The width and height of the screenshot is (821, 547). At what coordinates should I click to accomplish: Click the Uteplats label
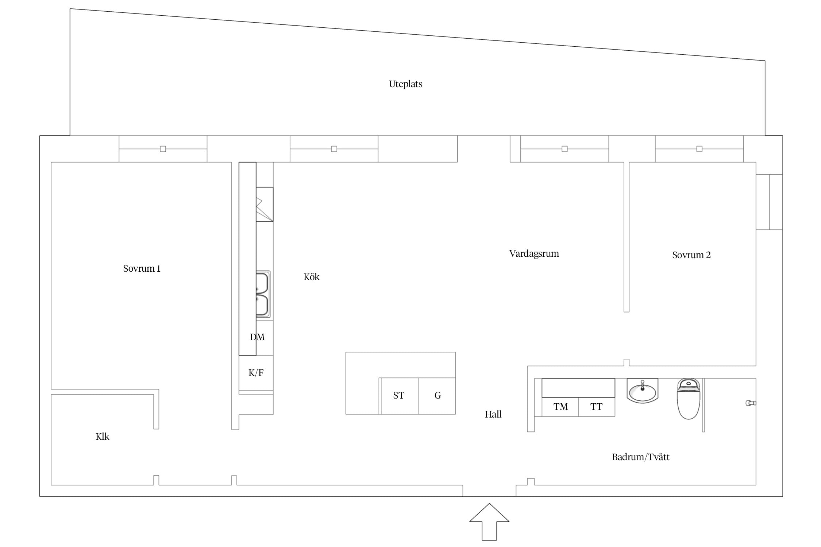[x=405, y=84]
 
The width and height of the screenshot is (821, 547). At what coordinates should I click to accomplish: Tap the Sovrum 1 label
[x=142, y=269]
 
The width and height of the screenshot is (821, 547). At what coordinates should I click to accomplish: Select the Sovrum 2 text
[x=691, y=255]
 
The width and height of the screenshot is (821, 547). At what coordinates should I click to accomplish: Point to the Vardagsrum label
[x=534, y=254]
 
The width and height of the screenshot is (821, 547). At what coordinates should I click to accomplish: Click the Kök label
[x=311, y=277]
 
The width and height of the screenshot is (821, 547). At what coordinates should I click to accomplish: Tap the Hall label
[x=493, y=414]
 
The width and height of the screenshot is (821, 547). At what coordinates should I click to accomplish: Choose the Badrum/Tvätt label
[x=640, y=457]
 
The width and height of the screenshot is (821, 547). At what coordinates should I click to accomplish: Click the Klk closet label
[x=102, y=437]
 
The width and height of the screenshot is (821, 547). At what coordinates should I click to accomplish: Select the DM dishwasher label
[x=257, y=337]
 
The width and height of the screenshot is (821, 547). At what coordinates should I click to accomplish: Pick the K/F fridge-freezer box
[x=256, y=373]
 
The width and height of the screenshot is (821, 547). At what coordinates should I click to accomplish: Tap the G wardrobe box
[x=437, y=396]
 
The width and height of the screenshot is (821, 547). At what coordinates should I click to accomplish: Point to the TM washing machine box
[x=560, y=407]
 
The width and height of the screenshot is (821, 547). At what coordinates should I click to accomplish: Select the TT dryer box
[x=597, y=407]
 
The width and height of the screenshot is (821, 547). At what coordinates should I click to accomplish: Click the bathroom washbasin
[x=642, y=391]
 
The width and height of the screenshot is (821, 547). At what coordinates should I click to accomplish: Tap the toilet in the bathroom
[x=689, y=399]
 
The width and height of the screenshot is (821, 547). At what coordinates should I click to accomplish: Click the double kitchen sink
[x=263, y=294]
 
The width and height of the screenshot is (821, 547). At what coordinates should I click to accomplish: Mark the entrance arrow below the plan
[x=489, y=522]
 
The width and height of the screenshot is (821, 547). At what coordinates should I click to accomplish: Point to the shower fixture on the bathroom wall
[x=751, y=403]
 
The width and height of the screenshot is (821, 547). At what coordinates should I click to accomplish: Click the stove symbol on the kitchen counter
[x=265, y=204]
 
